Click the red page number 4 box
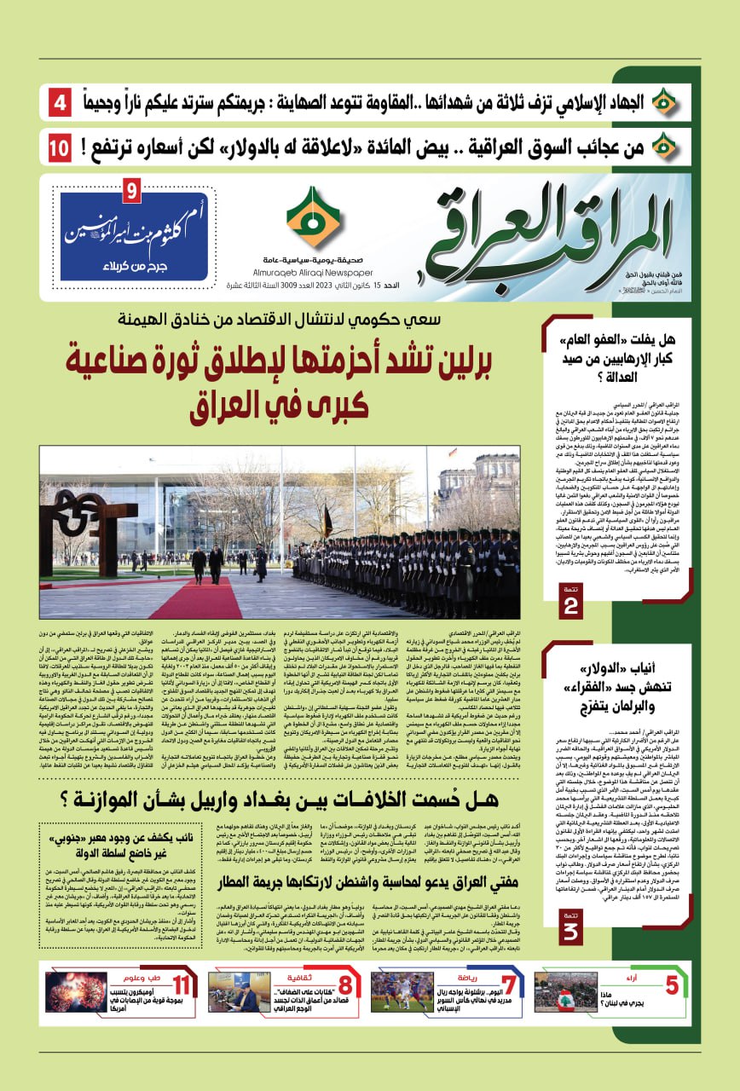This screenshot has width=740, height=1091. pyautogui.click(x=60, y=105)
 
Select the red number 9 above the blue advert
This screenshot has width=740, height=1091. pyautogui.click(x=131, y=191)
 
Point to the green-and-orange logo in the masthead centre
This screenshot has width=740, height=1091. pyautogui.click(x=313, y=216)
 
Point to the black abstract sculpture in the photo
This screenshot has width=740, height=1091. pyautogui.click(x=81, y=511)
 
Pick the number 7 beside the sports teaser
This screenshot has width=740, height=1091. pyautogui.click(x=509, y=985)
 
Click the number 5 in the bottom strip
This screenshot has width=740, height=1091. pyautogui.click(x=672, y=985)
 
